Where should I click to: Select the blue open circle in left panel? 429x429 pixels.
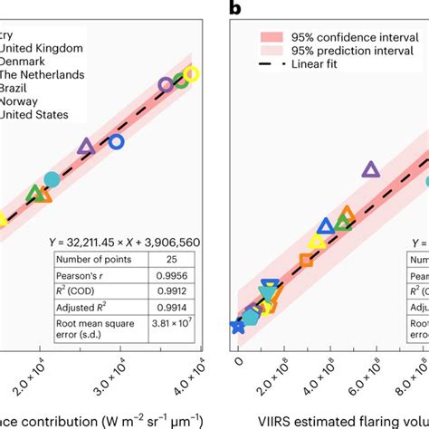coord(116,141)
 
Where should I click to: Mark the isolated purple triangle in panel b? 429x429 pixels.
coord(370,168)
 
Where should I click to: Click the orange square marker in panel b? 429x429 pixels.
coord(306,261)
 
